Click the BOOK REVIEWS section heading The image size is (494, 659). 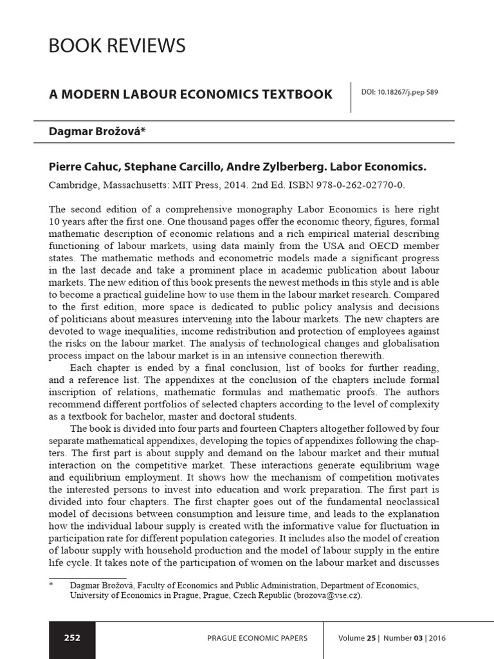click(x=117, y=46)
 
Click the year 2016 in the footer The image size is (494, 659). click(x=435, y=638)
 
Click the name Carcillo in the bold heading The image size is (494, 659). click(x=217, y=167)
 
